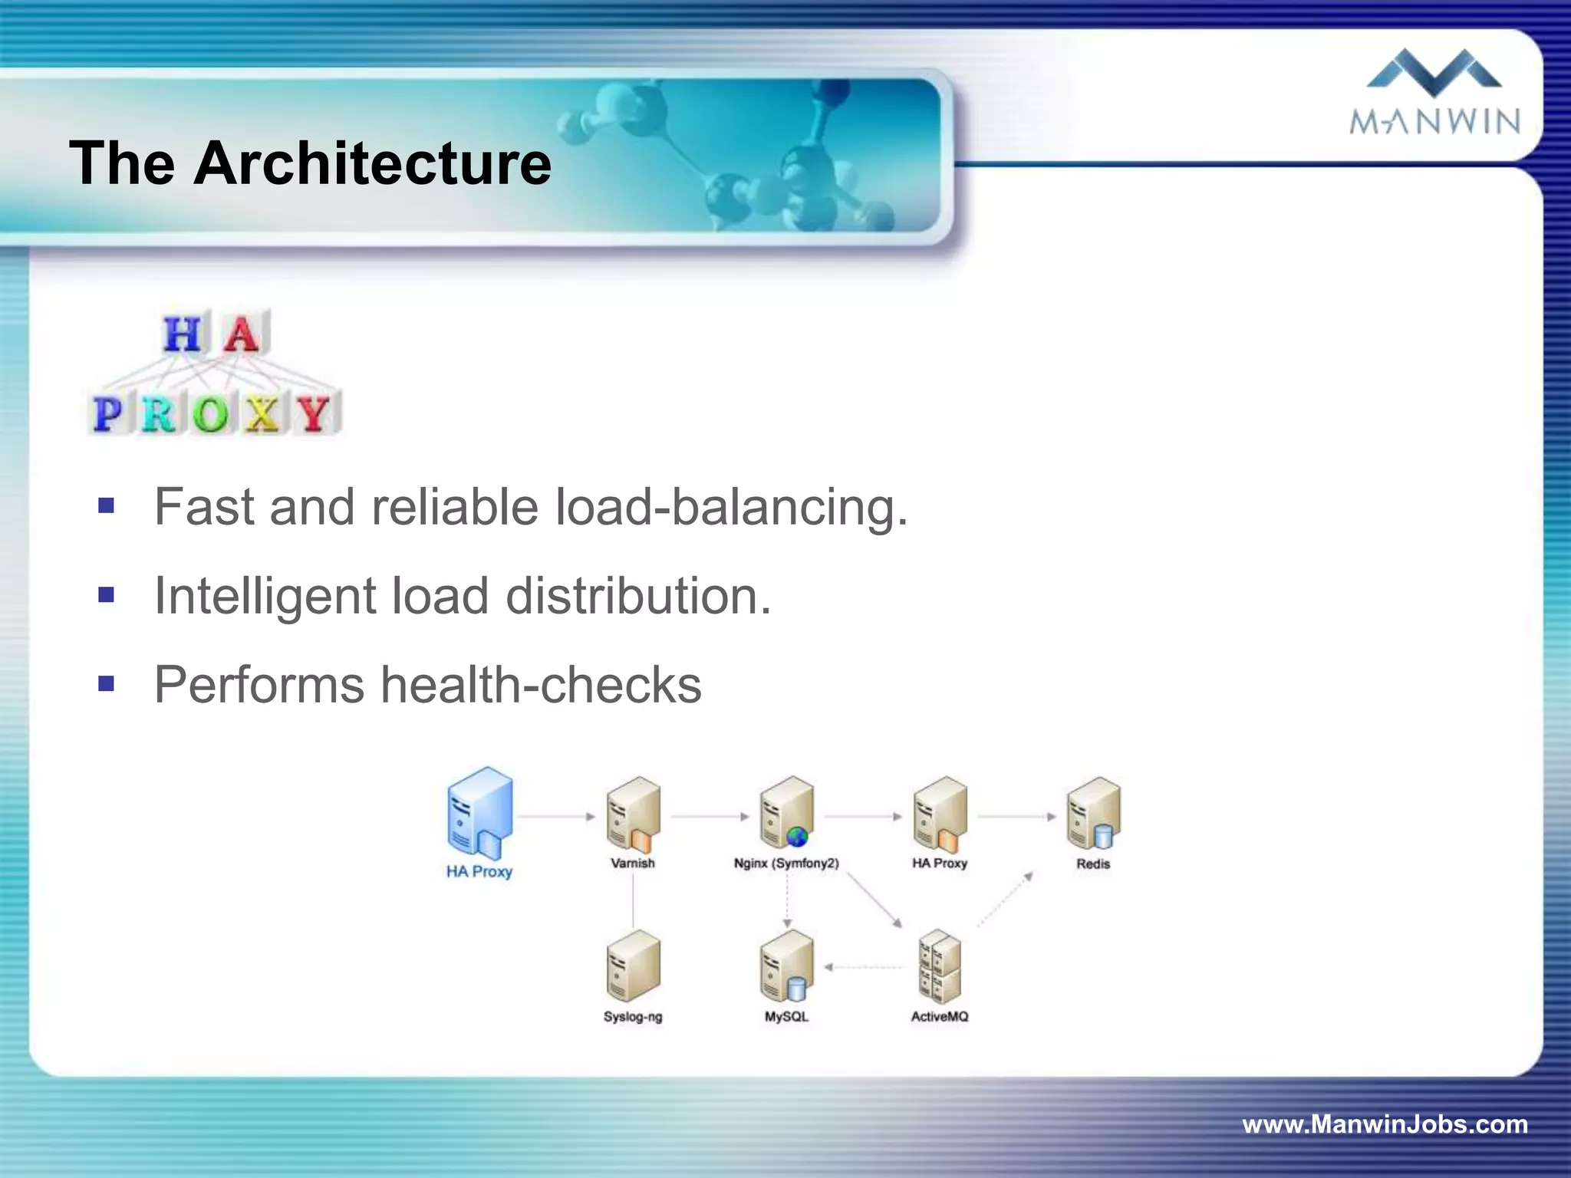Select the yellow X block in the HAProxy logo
[262, 414]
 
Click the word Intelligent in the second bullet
[265, 596]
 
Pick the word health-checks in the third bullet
[541, 685]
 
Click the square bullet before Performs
[106, 683]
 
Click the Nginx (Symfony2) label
[786, 864]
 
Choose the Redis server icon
[1094, 813]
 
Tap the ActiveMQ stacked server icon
[940, 966]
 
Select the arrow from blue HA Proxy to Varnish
[555, 817]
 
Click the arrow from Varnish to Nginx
[710, 817]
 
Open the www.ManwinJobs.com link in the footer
[1385, 1124]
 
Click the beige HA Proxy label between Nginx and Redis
[940, 864]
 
